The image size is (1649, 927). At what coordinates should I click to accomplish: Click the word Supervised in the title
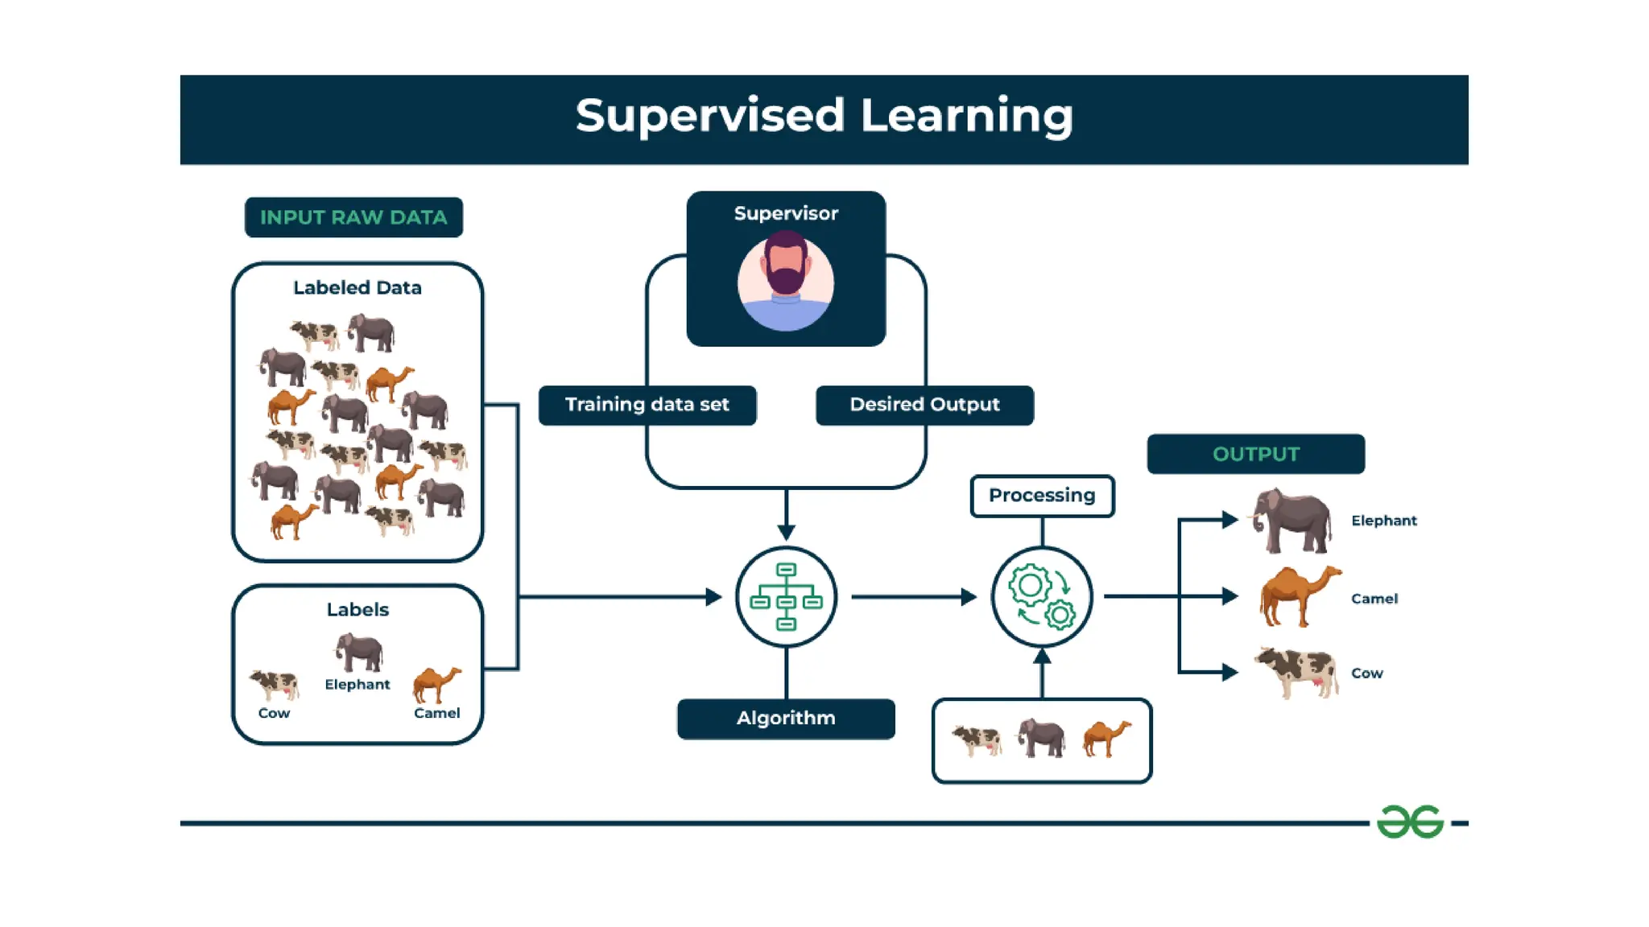coord(709,116)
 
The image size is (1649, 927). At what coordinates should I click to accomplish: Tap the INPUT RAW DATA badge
coord(353,217)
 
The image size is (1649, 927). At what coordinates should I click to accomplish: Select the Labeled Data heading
coord(357,287)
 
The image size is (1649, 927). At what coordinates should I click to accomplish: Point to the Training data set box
coord(647,405)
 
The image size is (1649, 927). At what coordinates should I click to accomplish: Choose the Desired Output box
coord(924,405)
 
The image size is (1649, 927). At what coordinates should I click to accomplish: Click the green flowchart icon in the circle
coord(786,597)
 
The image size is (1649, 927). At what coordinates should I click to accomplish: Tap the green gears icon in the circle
coord(1042,597)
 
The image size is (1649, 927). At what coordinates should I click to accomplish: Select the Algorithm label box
coord(786,718)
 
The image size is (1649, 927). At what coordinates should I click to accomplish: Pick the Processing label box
coord(1042,496)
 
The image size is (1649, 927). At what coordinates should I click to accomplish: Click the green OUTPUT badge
coord(1255,454)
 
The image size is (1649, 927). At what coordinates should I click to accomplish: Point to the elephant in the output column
coord(1292,521)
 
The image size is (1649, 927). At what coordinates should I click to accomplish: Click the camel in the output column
coord(1299,596)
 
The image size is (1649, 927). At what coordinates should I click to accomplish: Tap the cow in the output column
coord(1297,672)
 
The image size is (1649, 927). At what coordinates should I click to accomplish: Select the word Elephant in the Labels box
coord(357,684)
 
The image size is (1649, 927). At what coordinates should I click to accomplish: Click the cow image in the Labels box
coord(275,684)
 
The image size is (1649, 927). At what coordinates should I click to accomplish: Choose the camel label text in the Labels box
coord(436,713)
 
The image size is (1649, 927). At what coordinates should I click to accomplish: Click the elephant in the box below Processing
coord(1041,738)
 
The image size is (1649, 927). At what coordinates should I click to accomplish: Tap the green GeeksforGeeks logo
coord(1410,822)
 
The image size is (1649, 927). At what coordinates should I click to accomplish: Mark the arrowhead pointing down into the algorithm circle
coord(786,532)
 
